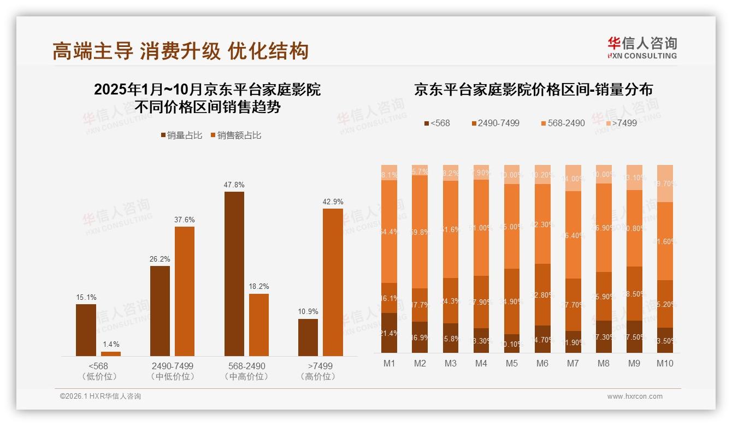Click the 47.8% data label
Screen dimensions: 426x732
click(234, 185)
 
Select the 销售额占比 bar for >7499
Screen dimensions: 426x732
click(333, 282)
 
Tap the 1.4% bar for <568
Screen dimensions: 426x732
click(111, 354)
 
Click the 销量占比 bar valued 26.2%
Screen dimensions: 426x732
click(160, 311)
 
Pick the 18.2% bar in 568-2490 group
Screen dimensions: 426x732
click(259, 325)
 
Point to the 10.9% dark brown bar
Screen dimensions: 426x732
click(308, 337)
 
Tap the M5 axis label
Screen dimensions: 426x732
click(512, 363)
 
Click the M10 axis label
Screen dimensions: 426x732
click(665, 363)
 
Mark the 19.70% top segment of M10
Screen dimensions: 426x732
click(665, 184)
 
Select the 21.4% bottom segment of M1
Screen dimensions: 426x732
click(389, 333)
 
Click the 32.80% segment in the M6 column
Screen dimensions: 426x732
click(542, 294)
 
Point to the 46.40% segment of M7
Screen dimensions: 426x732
click(573, 235)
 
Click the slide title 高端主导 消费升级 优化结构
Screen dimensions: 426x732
click(181, 51)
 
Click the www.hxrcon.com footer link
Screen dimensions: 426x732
click(635, 397)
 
